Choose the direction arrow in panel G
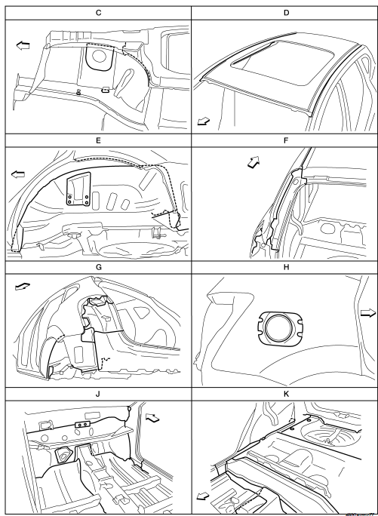coord(23,287)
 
